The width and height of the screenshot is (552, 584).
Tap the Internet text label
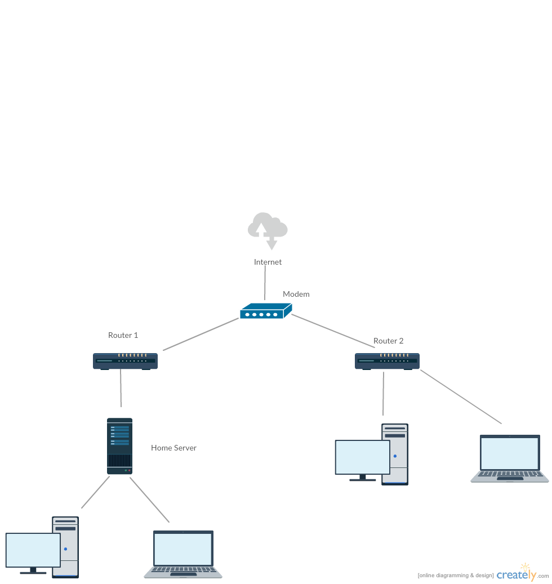(x=268, y=262)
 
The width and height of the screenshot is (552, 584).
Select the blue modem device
(x=265, y=311)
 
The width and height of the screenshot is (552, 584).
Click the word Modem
(x=296, y=294)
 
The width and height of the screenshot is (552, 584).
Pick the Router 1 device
(x=125, y=361)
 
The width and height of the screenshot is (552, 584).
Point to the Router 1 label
(x=123, y=335)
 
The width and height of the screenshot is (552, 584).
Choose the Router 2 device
(x=387, y=361)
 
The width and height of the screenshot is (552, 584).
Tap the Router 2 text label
(x=388, y=341)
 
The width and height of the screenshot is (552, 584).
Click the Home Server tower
(x=119, y=446)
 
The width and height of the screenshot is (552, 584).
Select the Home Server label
(x=173, y=448)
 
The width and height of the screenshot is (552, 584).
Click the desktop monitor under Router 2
(x=362, y=458)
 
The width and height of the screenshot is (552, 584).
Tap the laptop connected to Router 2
(x=509, y=458)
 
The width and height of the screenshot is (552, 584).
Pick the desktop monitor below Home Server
(x=33, y=551)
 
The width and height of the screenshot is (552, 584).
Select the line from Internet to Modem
(x=265, y=282)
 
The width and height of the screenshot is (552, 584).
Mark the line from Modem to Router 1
(x=201, y=334)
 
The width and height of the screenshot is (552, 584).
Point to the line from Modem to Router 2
(x=332, y=331)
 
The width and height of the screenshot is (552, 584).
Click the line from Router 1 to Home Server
(x=121, y=388)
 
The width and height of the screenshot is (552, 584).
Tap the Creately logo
(x=516, y=574)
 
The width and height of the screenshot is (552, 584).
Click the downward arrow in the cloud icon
(x=272, y=244)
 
